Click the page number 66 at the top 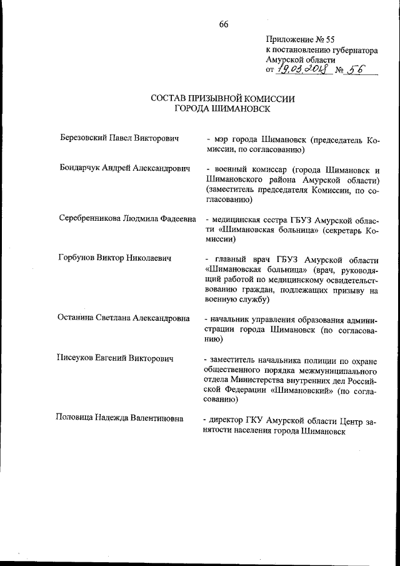(223, 24)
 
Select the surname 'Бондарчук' (80, 170)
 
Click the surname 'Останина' (77, 318)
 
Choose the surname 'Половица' (77, 418)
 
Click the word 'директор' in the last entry (229, 418)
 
